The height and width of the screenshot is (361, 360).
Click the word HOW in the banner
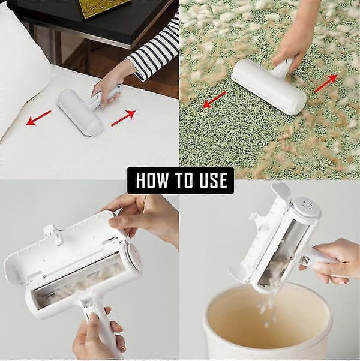(x=152, y=180)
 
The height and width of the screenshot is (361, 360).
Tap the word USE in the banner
(x=213, y=180)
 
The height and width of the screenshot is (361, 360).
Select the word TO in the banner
(x=184, y=180)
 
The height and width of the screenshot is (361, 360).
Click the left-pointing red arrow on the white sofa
(x=38, y=118)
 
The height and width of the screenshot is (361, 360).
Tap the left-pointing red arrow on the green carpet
(x=214, y=100)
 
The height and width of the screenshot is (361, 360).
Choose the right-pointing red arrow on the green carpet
(x=326, y=83)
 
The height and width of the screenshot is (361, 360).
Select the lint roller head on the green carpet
(x=268, y=87)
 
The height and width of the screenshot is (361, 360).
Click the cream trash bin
(x=268, y=323)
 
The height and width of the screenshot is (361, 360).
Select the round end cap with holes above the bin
(x=307, y=207)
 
